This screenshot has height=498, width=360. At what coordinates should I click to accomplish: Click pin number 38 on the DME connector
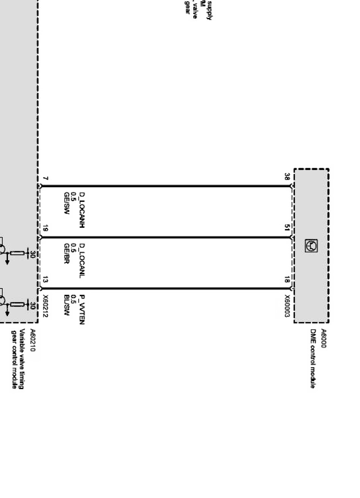coord(287,177)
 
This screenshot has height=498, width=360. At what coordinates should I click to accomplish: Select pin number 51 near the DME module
coord(287,229)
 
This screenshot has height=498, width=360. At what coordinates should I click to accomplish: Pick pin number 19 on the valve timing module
coord(45,229)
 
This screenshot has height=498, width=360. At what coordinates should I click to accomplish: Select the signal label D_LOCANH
coord(82,210)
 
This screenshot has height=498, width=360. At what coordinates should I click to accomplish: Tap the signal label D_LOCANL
coord(82,260)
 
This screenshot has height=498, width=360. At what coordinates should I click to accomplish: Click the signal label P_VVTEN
coord(82,310)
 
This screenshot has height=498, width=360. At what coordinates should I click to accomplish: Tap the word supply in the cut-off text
coord(209,9)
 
